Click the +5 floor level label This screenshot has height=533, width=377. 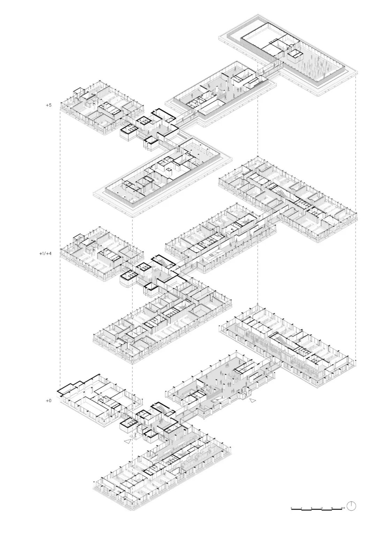tap(48, 104)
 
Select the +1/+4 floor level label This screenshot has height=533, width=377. tap(45, 254)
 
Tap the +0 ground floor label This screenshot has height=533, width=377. tap(48, 401)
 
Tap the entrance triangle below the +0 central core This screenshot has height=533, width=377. tap(128, 441)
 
